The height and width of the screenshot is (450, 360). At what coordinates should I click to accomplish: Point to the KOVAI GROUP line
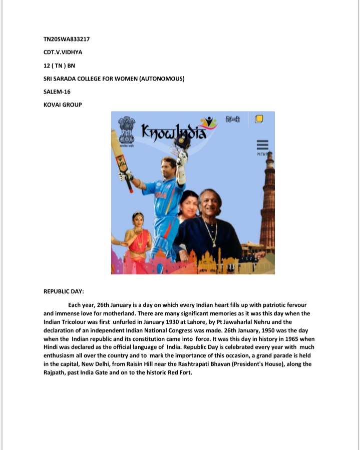tap(63, 105)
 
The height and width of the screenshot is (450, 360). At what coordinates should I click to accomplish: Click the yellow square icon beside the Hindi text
tap(259, 119)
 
